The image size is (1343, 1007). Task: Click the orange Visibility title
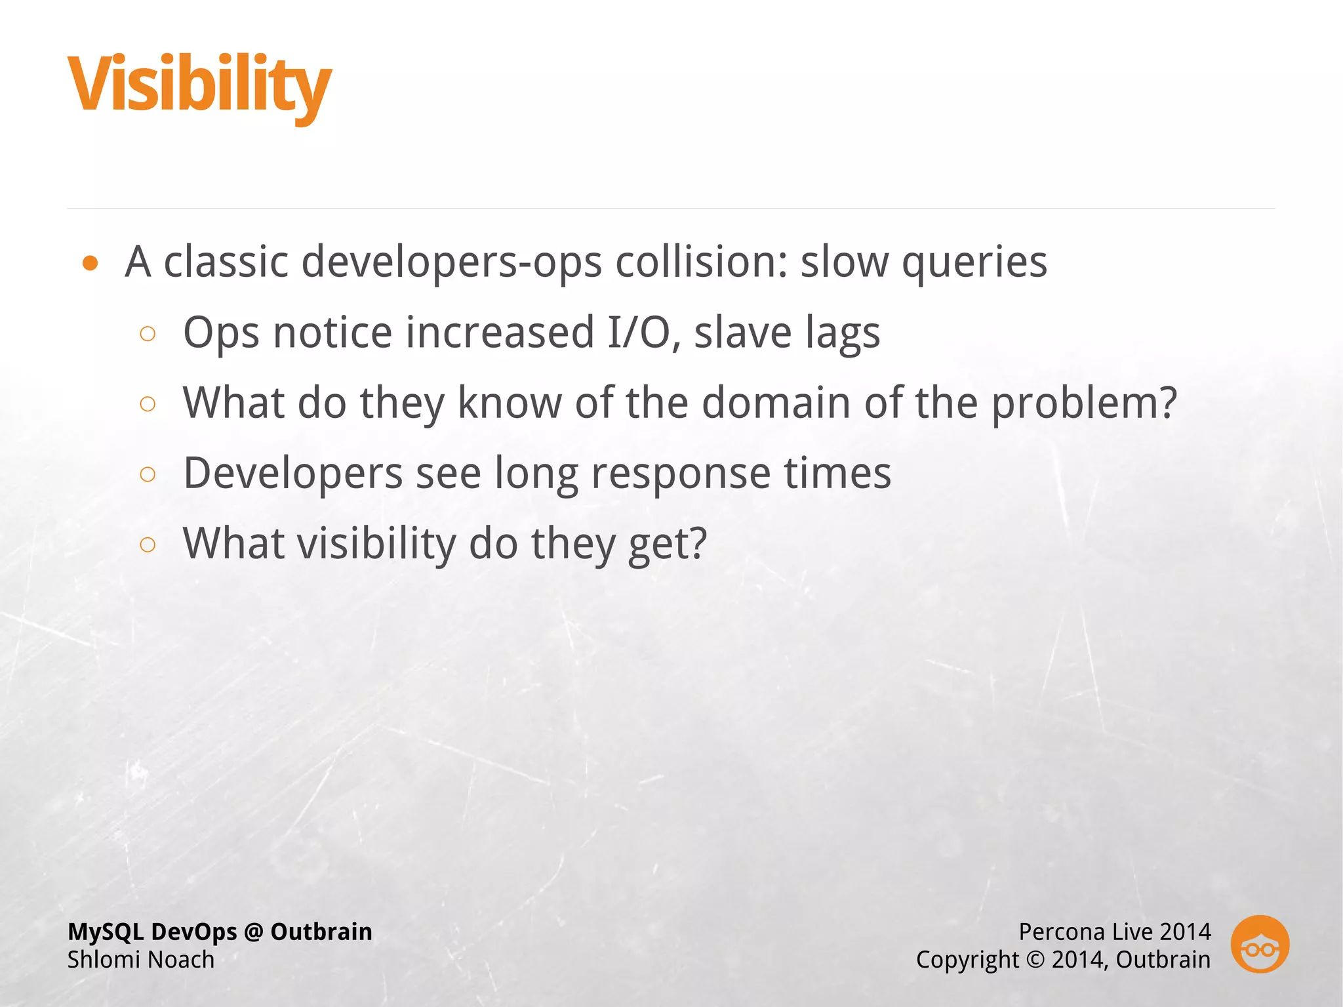coord(199,85)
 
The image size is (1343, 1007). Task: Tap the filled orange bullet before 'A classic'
coord(90,264)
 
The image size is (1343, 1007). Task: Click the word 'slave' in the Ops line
coord(743,333)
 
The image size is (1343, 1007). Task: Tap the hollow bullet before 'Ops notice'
coord(148,334)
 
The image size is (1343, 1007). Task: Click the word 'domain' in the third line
coord(776,402)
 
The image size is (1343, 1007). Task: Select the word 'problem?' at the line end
coord(1083,403)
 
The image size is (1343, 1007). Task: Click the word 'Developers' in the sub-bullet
coord(293,474)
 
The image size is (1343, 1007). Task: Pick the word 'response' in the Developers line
coord(681,474)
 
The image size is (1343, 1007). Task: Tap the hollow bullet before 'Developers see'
coord(148,474)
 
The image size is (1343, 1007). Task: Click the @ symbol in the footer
coord(253,932)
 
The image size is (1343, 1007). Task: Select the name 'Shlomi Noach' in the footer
coord(141,960)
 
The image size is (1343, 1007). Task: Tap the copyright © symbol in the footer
coord(1035,960)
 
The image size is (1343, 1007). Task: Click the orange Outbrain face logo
coord(1260,944)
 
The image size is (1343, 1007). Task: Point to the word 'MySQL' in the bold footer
coord(106,932)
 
